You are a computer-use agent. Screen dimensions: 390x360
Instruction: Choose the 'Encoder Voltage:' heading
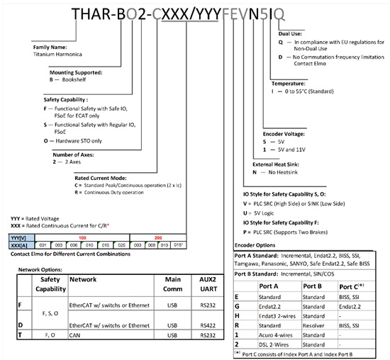pos(282,133)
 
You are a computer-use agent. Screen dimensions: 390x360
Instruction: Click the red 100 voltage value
pos(83,237)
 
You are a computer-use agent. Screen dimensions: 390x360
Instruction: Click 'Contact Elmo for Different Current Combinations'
pos(73,253)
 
